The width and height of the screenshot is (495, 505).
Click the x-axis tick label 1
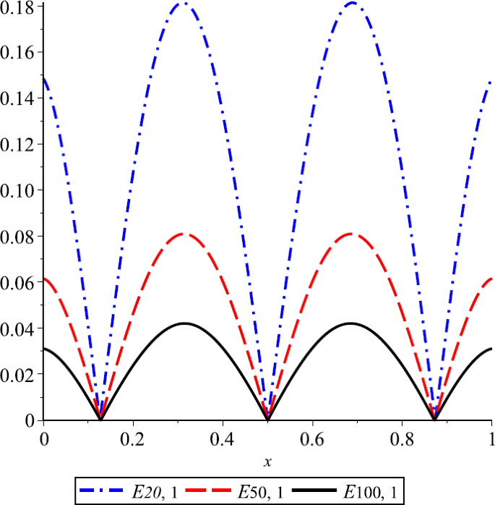(491, 438)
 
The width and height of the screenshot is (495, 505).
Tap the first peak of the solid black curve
(184, 323)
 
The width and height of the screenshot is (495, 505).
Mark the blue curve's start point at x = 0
(44, 76)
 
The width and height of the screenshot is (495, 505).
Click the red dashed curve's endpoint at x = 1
(491, 279)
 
